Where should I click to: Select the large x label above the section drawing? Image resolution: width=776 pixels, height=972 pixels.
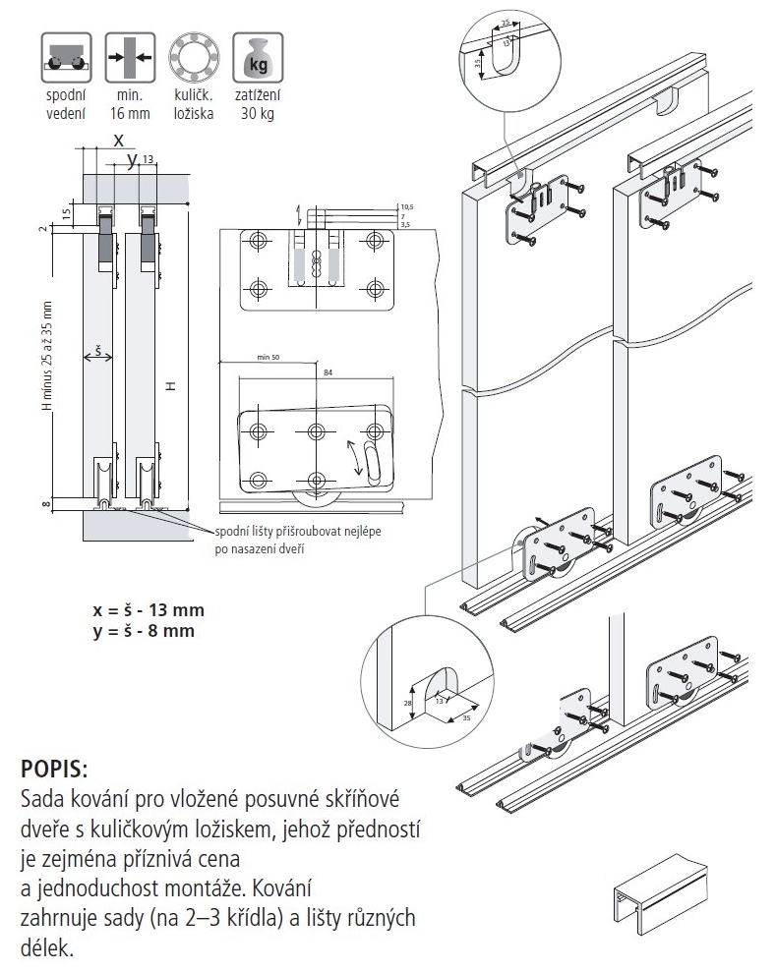click(116, 141)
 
